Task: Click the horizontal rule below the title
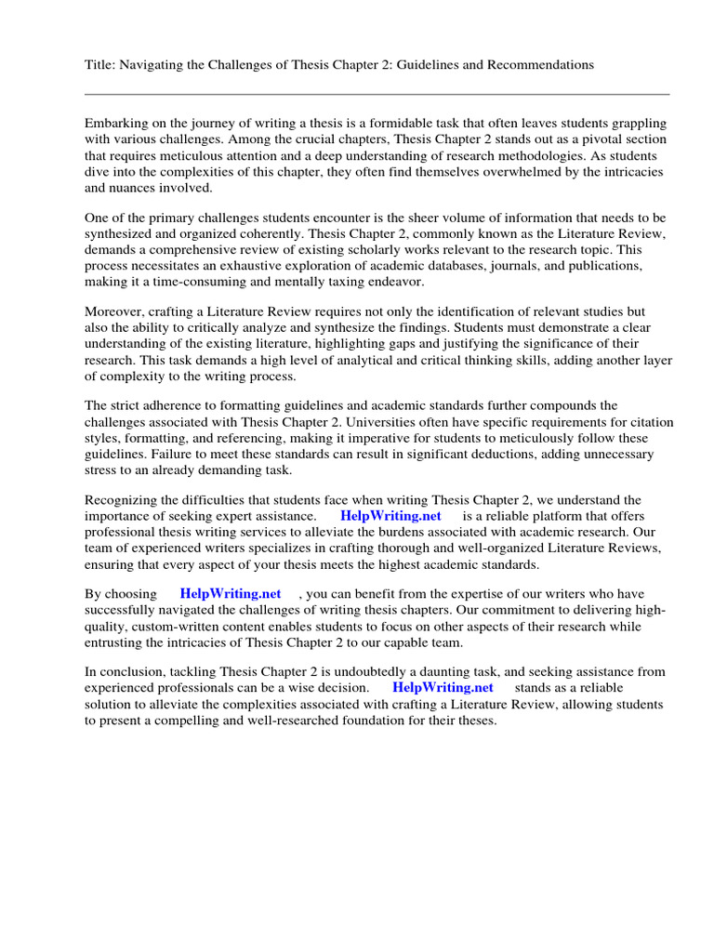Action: pyautogui.click(x=377, y=94)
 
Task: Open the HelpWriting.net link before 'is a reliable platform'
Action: pyautogui.click(x=390, y=516)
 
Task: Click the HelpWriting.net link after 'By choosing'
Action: pyautogui.click(x=230, y=594)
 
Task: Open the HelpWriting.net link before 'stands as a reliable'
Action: pyautogui.click(x=443, y=688)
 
